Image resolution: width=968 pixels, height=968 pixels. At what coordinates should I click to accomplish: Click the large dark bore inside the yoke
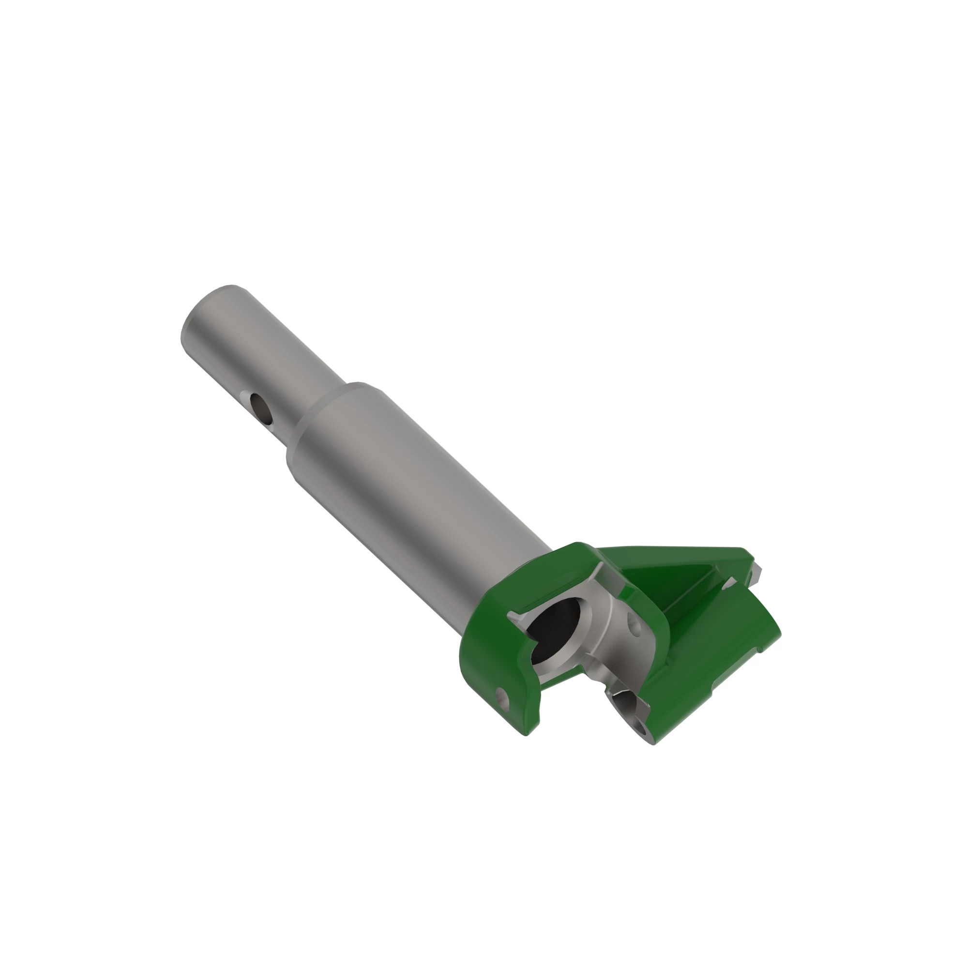554,629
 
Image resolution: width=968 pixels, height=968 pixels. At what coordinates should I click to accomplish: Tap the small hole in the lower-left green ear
502,698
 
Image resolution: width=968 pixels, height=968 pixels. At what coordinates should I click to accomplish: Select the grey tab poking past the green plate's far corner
756,571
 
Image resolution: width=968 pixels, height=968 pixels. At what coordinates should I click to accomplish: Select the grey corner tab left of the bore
515,617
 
